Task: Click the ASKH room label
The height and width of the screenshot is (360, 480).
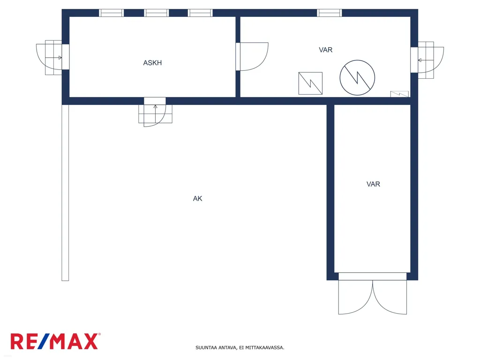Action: pyautogui.click(x=152, y=63)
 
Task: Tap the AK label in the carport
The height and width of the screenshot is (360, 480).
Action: pyautogui.click(x=197, y=199)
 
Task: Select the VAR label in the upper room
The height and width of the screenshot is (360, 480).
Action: pyautogui.click(x=325, y=50)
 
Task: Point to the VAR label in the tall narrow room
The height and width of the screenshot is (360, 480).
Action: pyautogui.click(x=373, y=184)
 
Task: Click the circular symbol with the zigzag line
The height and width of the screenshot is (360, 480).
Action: pyautogui.click(x=357, y=77)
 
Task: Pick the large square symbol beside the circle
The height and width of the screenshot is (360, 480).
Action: pyautogui.click(x=310, y=83)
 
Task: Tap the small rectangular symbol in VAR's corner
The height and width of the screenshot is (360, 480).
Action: pyautogui.click(x=399, y=94)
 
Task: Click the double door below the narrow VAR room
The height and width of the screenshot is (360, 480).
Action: pyautogui.click(x=373, y=293)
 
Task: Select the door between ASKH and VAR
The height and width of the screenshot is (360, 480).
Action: pyautogui.click(x=252, y=57)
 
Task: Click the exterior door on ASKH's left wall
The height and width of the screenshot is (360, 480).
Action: pyautogui.click(x=52, y=57)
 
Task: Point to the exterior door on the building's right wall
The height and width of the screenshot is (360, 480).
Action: pyautogui.click(x=427, y=60)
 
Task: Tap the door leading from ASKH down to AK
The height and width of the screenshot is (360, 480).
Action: pyautogui.click(x=155, y=112)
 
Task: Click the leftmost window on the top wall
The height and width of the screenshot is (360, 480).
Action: pyautogui.click(x=112, y=13)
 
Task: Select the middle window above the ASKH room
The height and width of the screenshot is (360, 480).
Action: pyautogui.click(x=157, y=13)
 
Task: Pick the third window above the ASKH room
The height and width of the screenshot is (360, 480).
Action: pyautogui.click(x=200, y=13)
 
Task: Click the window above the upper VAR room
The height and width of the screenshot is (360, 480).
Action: pyautogui.click(x=330, y=13)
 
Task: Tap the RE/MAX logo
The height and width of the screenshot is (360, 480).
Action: pyautogui.click(x=55, y=341)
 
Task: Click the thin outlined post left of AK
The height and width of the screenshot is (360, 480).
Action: pyautogui.click(x=65, y=193)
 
